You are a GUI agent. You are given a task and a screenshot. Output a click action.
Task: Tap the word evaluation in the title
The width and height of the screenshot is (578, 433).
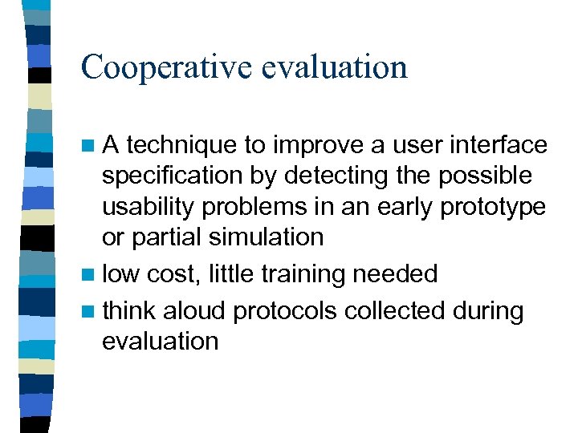(334, 67)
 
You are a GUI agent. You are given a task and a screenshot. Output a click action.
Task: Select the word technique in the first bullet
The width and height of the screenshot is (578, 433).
(181, 145)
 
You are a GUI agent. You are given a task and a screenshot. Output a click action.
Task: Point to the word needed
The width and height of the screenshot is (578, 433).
(394, 274)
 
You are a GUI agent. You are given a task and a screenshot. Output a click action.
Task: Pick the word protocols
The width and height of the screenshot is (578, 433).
(287, 311)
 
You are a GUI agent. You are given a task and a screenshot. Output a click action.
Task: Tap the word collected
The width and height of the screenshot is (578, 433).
(397, 311)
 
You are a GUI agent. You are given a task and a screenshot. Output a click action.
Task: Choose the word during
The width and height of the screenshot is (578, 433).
(490, 311)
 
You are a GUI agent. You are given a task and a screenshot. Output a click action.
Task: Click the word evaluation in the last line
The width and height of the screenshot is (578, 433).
(160, 341)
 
